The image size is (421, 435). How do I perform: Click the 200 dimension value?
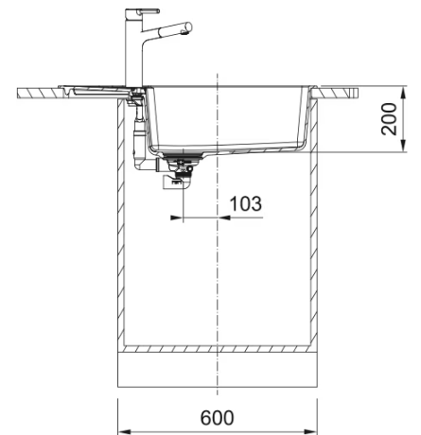pos(389,119)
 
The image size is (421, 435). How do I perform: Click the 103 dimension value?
pos(246,203)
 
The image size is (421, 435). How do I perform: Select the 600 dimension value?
pos(217,418)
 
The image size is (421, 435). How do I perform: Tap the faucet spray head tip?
pos(188,26)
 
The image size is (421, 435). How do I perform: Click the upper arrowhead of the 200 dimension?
pos(403,93)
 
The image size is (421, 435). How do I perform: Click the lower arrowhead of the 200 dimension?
pos(403,146)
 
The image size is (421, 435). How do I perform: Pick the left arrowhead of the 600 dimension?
pos(124,431)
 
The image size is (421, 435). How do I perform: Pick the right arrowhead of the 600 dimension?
pos(311,431)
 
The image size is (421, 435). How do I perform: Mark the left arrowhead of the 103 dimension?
pos(177,217)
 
